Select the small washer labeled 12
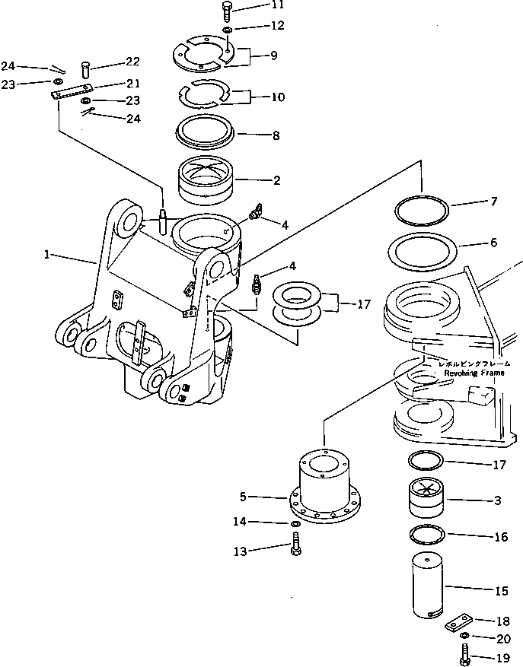(x=228, y=30)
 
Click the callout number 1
(x=47, y=256)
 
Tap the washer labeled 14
(x=295, y=524)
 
